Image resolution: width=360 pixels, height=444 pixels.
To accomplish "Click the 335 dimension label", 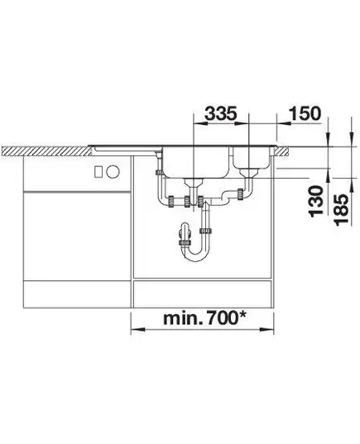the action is click(220, 114).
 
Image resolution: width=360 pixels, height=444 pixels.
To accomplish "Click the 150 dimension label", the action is click(305, 113).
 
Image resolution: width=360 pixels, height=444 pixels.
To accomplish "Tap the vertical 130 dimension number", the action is click(316, 201).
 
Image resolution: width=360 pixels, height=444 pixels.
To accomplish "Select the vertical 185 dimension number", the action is click(341, 209).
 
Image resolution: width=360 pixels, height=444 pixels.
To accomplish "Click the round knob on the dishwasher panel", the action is click(113, 172).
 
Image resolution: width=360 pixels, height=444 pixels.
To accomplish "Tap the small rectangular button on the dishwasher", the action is click(98, 172).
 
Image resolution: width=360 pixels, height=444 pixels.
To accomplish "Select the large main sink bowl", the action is click(196, 162).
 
